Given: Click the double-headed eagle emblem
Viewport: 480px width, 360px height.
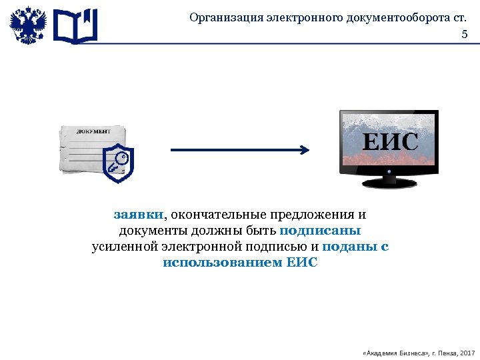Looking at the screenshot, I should [x=28, y=26].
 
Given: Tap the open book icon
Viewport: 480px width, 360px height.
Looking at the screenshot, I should [x=75, y=27].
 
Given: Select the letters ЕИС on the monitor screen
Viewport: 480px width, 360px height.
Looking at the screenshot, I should [x=390, y=141].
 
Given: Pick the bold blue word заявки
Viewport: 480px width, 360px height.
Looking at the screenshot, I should [x=138, y=215].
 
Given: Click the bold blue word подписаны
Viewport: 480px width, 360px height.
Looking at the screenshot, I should [x=320, y=231].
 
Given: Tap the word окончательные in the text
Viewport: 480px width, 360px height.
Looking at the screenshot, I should [x=217, y=215].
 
